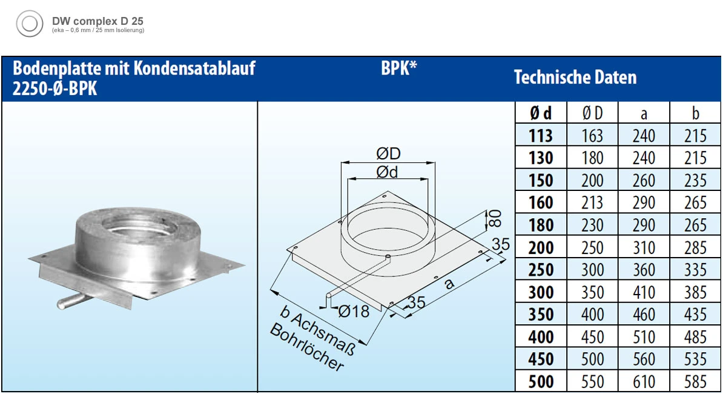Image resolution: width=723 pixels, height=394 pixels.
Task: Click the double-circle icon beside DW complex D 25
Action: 29,24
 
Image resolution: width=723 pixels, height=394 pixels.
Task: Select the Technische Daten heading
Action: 575,78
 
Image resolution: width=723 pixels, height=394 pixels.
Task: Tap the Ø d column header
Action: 541,113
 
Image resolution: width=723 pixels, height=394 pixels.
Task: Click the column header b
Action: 695,113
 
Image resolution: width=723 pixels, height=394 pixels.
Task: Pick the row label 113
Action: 541,136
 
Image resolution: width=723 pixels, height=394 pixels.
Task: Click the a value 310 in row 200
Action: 643,247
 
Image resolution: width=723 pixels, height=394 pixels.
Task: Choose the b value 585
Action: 695,381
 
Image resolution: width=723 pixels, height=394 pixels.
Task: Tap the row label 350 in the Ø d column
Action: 541,314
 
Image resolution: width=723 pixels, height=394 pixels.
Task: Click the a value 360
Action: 643,270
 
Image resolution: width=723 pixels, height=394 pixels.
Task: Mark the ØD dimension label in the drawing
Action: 388,153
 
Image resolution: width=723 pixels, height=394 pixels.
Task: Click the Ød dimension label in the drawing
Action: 388,173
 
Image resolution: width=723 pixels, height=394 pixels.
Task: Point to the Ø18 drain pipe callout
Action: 353,312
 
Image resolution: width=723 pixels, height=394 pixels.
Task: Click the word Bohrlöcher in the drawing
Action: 307,349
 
